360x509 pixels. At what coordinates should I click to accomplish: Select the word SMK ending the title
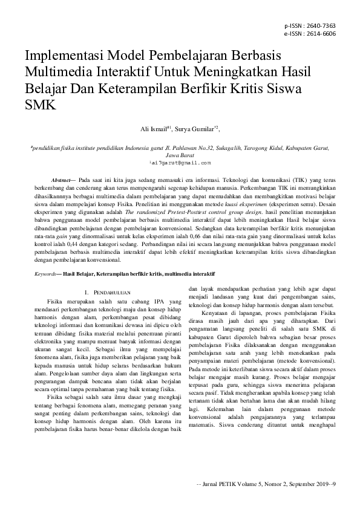point(39,104)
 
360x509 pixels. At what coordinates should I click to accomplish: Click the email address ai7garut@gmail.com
point(180,163)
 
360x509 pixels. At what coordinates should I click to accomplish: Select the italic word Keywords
point(45,274)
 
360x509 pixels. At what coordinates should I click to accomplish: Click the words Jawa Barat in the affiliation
point(180,155)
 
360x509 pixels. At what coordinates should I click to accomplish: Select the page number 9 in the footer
point(334,483)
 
